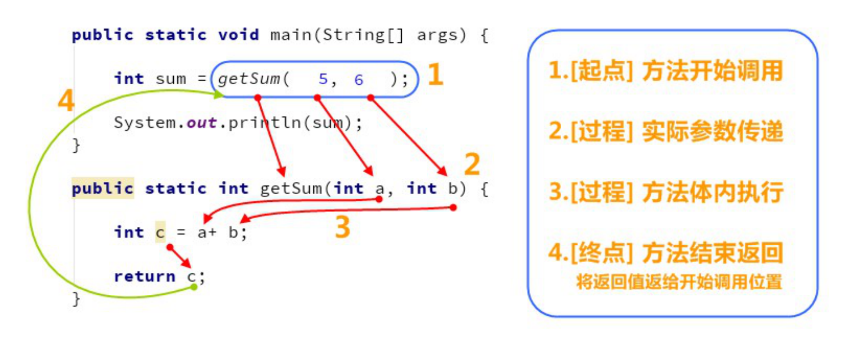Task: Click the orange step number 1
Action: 435,75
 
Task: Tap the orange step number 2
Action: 472,164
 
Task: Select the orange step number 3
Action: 342,226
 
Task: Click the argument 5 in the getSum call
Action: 323,79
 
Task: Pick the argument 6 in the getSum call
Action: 358,80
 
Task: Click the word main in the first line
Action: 290,35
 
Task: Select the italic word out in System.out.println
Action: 201,123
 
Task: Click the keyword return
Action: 145,276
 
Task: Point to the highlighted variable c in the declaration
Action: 160,232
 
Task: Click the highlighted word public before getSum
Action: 103,188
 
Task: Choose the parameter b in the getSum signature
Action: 452,188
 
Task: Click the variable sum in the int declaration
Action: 171,79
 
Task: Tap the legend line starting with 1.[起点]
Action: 665,71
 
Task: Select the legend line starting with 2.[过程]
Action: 665,131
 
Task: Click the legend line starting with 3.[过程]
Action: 665,192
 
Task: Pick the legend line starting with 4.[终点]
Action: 665,252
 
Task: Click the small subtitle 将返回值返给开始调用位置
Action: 678,282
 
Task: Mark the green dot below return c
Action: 194,287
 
